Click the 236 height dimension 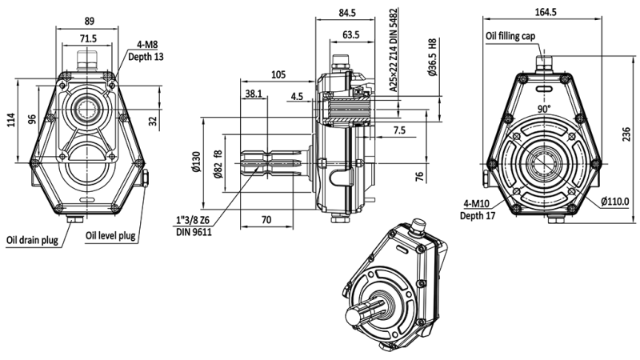coord(626,136)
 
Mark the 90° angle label coord(545,108)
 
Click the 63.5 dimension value coord(350,34)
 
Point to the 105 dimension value coord(278,74)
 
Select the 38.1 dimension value coord(253,94)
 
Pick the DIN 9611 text coord(194,231)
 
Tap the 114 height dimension coord(11,120)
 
